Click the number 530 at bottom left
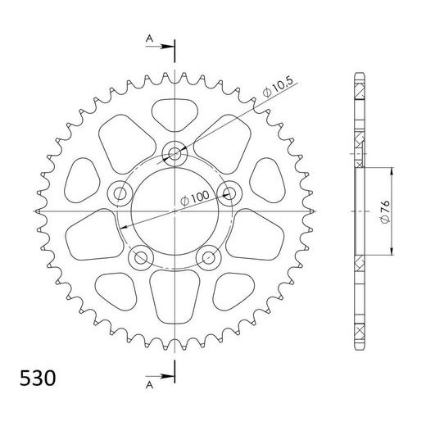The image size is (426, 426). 36,379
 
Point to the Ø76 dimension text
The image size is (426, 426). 384,210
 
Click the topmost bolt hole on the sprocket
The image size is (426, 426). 175,153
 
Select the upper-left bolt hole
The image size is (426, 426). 121,193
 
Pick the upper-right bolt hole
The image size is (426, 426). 230,193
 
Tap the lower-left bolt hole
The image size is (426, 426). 141,257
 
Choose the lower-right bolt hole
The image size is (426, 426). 210,257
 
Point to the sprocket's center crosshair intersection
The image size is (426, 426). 175,211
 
